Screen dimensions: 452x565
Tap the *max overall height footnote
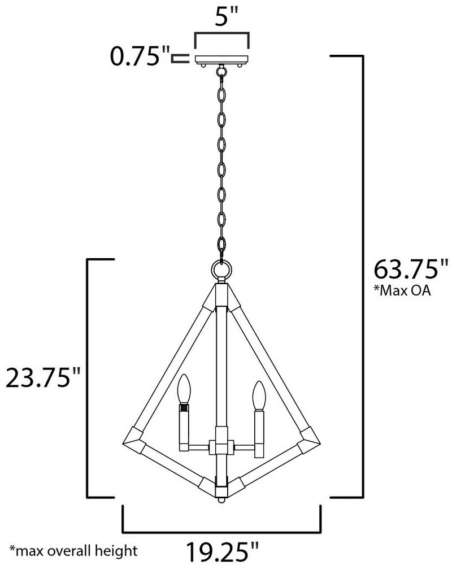pyautogui.click(x=73, y=550)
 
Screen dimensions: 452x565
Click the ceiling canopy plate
pyautogui.click(x=221, y=59)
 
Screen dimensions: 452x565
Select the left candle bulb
pyautogui.click(x=185, y=389)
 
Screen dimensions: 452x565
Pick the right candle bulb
pyautogui.click(x=259, y=395)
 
